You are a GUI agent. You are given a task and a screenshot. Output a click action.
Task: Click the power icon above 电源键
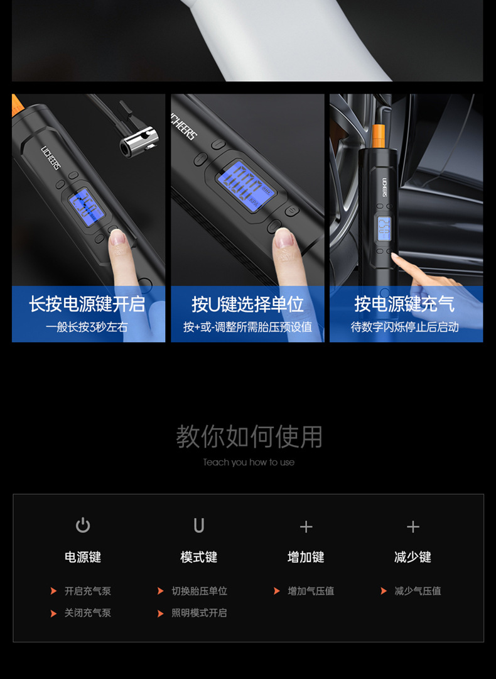83,525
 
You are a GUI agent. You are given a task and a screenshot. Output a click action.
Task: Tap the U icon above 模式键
199,526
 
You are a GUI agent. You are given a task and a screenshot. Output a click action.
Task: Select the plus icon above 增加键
306,527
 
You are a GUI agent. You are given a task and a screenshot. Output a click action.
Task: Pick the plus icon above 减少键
412,527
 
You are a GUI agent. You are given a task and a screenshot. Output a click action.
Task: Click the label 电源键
83,557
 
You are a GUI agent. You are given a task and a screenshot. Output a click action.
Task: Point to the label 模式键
199,557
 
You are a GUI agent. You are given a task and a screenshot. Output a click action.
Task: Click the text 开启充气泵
88,591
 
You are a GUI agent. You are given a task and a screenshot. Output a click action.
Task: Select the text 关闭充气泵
88,613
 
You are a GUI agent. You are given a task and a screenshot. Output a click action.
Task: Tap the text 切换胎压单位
200,591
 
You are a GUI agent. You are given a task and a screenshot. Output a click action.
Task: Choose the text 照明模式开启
200,613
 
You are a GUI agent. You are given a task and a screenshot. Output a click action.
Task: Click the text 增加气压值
311,591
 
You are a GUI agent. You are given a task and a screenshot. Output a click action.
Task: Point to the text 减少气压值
418,591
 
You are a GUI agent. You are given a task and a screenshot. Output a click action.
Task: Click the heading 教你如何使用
249,436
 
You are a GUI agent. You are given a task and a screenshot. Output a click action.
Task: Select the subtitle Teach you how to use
249,462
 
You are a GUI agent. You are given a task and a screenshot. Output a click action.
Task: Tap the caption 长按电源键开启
87,304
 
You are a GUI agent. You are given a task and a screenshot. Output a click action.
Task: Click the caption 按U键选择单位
247,304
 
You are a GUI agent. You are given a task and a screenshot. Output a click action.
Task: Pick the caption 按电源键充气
404,304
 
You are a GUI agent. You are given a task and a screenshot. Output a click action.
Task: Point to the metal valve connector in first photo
139,139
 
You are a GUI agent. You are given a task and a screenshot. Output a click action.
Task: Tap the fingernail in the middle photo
284,237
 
